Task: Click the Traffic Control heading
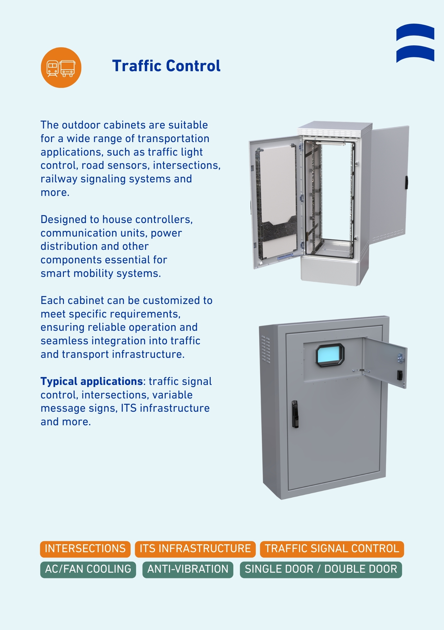click(166, 66)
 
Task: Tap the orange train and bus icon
click(61, 67)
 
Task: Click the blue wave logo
click(415, 43)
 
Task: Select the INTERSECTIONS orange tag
click(85, 548)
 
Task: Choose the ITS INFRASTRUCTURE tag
click(195, 548)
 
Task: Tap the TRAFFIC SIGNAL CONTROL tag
click(332, 548)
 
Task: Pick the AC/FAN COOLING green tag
click(88, 569)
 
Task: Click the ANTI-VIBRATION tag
click(188, 569)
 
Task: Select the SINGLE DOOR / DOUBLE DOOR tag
click(321, 569)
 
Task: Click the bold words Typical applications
click(92, 381)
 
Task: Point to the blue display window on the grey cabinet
click(330, 355)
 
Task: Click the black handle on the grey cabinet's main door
click(295, 414)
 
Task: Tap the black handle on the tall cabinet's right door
click(407, 183)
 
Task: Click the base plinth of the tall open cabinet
click(331, 270)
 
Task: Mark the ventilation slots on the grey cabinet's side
click(265, 349)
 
